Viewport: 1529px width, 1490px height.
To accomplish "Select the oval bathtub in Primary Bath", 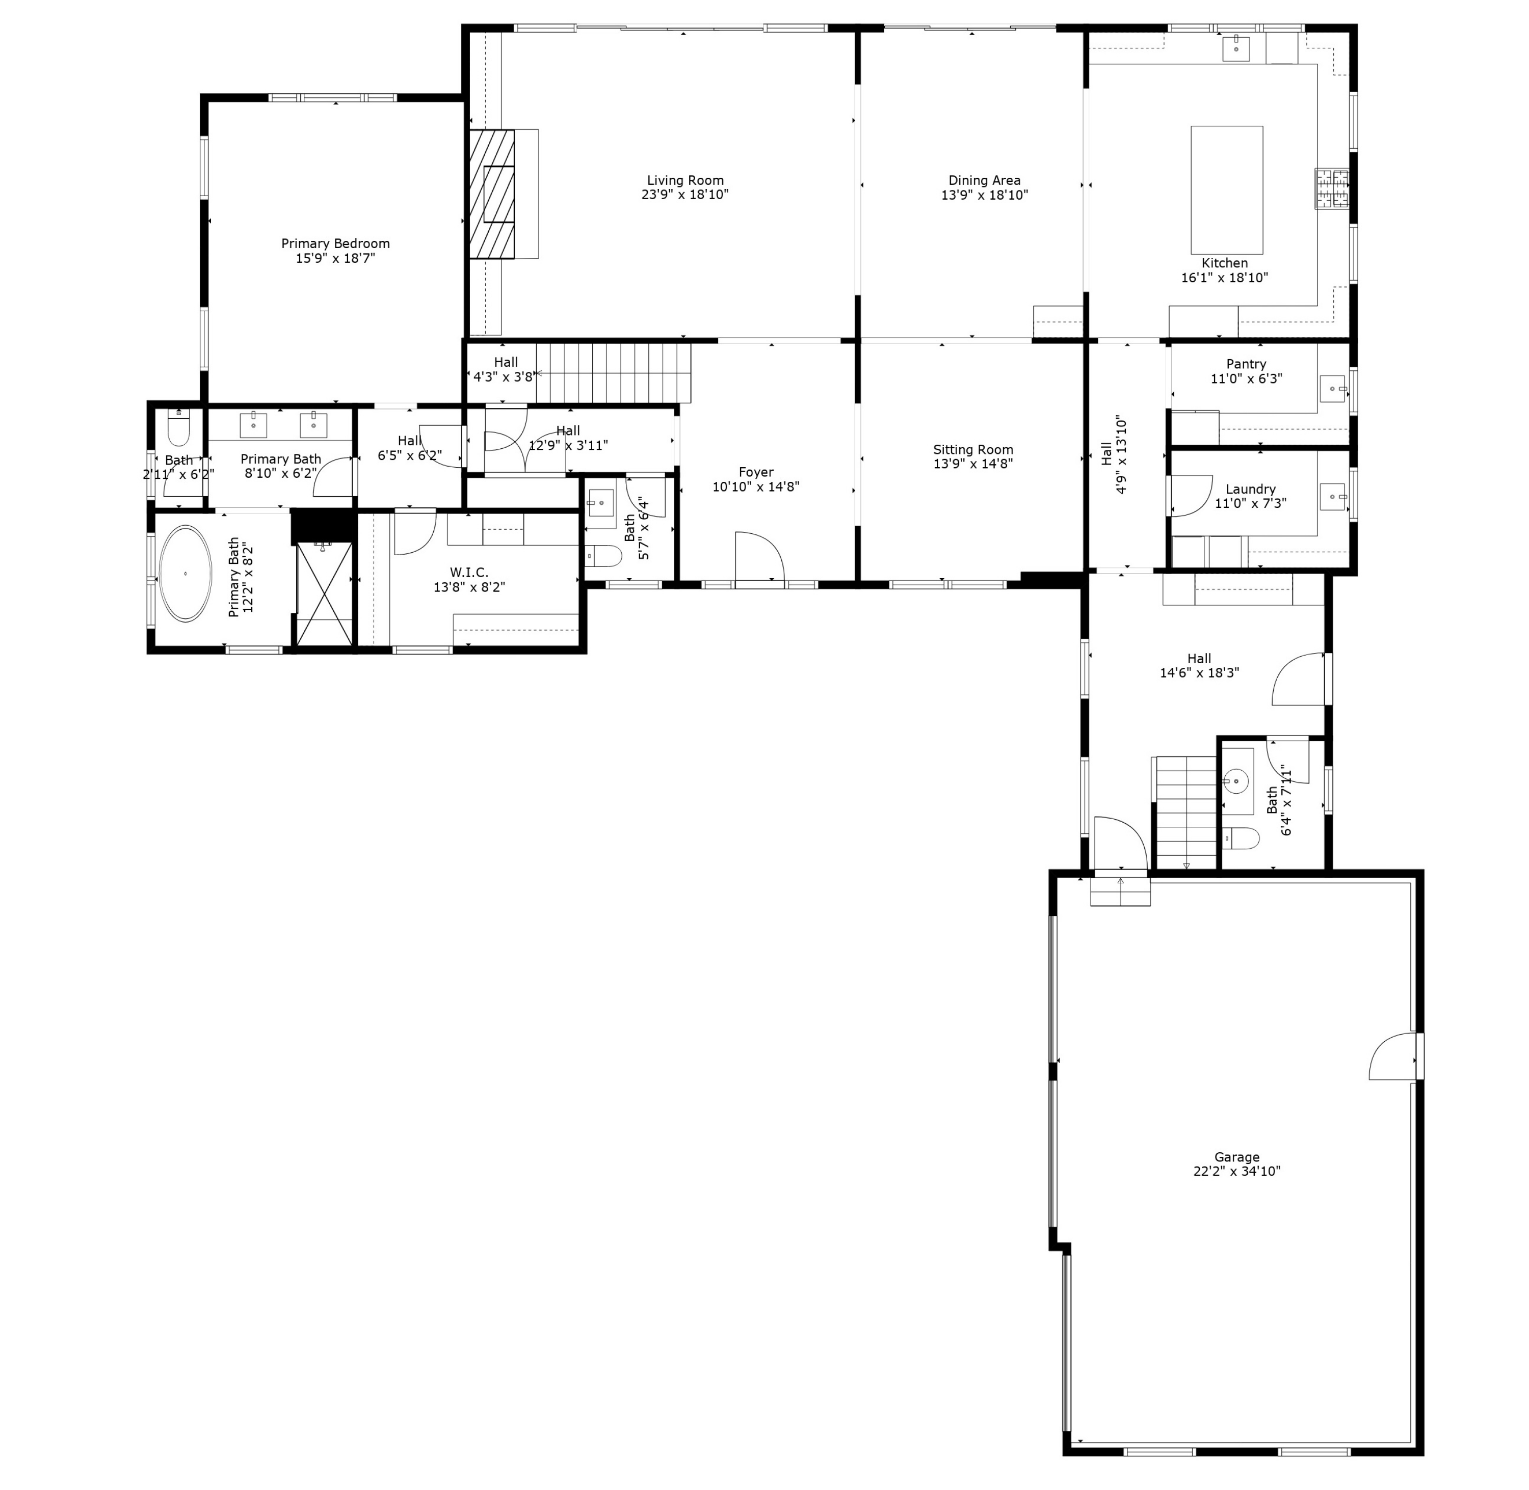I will [185, 574].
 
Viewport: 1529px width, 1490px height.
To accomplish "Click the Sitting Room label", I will [972, 450].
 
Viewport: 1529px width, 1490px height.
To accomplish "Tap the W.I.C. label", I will [468, 573].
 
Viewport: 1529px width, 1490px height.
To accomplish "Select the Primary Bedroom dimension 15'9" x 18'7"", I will [335, 258].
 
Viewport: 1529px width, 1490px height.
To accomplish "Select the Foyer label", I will [755, 472].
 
